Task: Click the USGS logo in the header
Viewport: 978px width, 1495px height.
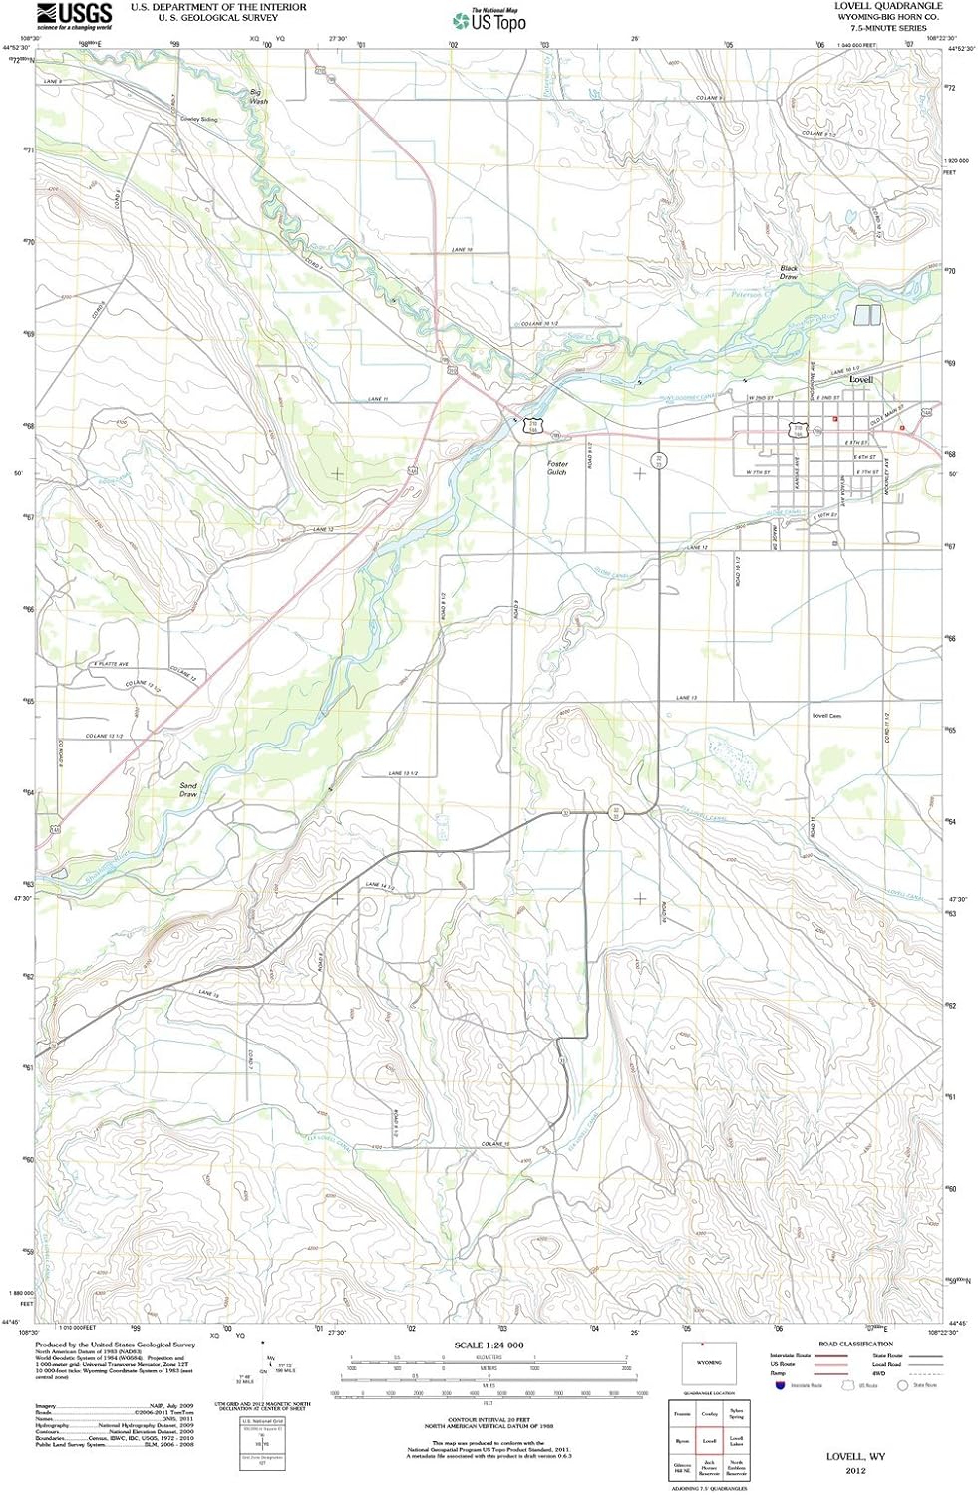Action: tap(74, 14)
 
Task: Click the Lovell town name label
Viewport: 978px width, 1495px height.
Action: tap(860, 380)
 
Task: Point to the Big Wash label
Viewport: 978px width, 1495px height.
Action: tap(259, 97)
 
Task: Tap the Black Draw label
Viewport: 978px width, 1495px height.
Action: tap(789, 272)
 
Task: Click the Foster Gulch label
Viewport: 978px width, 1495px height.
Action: tap(556, 468)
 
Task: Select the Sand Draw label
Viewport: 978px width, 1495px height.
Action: tap(188, 790)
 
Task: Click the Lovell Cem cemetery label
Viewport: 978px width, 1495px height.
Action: tap(826, 716)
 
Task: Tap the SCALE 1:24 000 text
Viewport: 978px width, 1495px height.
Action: tap(489, 1345)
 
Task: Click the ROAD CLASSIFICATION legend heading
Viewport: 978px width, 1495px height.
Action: tap(854, 1345)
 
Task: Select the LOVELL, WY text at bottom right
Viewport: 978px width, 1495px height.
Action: tap(855, 1456)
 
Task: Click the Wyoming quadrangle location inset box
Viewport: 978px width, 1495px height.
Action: tap(708, 1363)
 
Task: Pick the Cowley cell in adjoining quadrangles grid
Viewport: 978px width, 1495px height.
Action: tap(709, 1413)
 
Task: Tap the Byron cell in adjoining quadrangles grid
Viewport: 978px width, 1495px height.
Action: tap(682, 1441)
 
